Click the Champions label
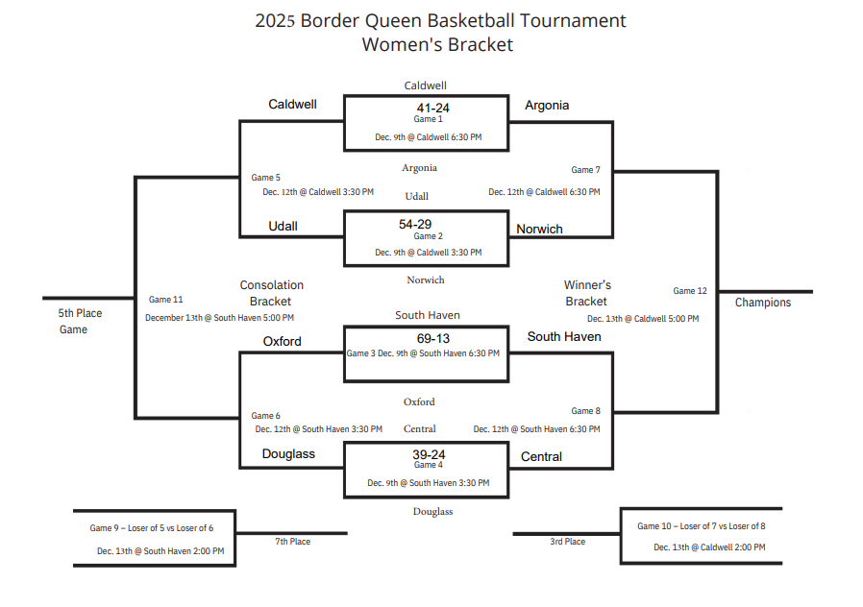(763, 303)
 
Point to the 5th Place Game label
(80, 322)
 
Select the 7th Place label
(293, 542)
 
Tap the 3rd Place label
(567, 542)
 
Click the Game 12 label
(690, 291)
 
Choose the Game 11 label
(165, 300)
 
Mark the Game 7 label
(585, 170)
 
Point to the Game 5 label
(266, 178)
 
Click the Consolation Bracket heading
(271, 293)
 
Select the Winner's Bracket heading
(587, 293)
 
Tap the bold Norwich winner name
(539, 230)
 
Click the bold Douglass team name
(288, 454)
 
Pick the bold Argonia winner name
(547, 106)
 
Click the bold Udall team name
(283, 227)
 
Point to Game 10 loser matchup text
(701, 526)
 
